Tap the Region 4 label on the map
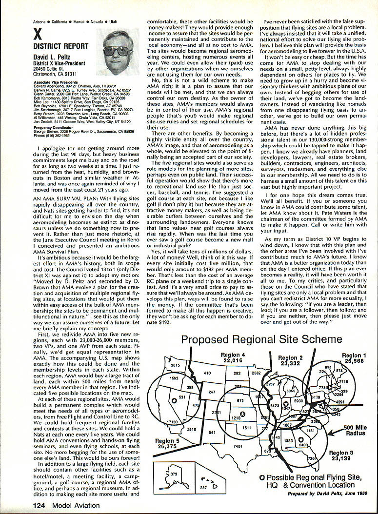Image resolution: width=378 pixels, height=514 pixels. click(x=233, y=358)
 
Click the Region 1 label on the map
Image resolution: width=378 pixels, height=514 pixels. click(x=354, y=358)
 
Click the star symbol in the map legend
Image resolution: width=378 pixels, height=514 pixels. click(x=262, y=477)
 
